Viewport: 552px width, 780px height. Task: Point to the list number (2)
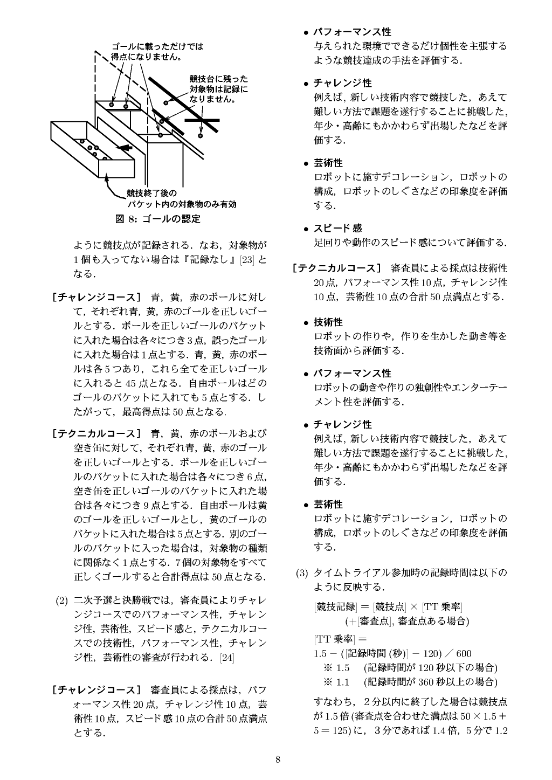62,600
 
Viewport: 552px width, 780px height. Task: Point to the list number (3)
301,572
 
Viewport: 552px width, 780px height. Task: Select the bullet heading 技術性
328,322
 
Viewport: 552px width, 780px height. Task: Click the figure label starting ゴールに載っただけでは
157,51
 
